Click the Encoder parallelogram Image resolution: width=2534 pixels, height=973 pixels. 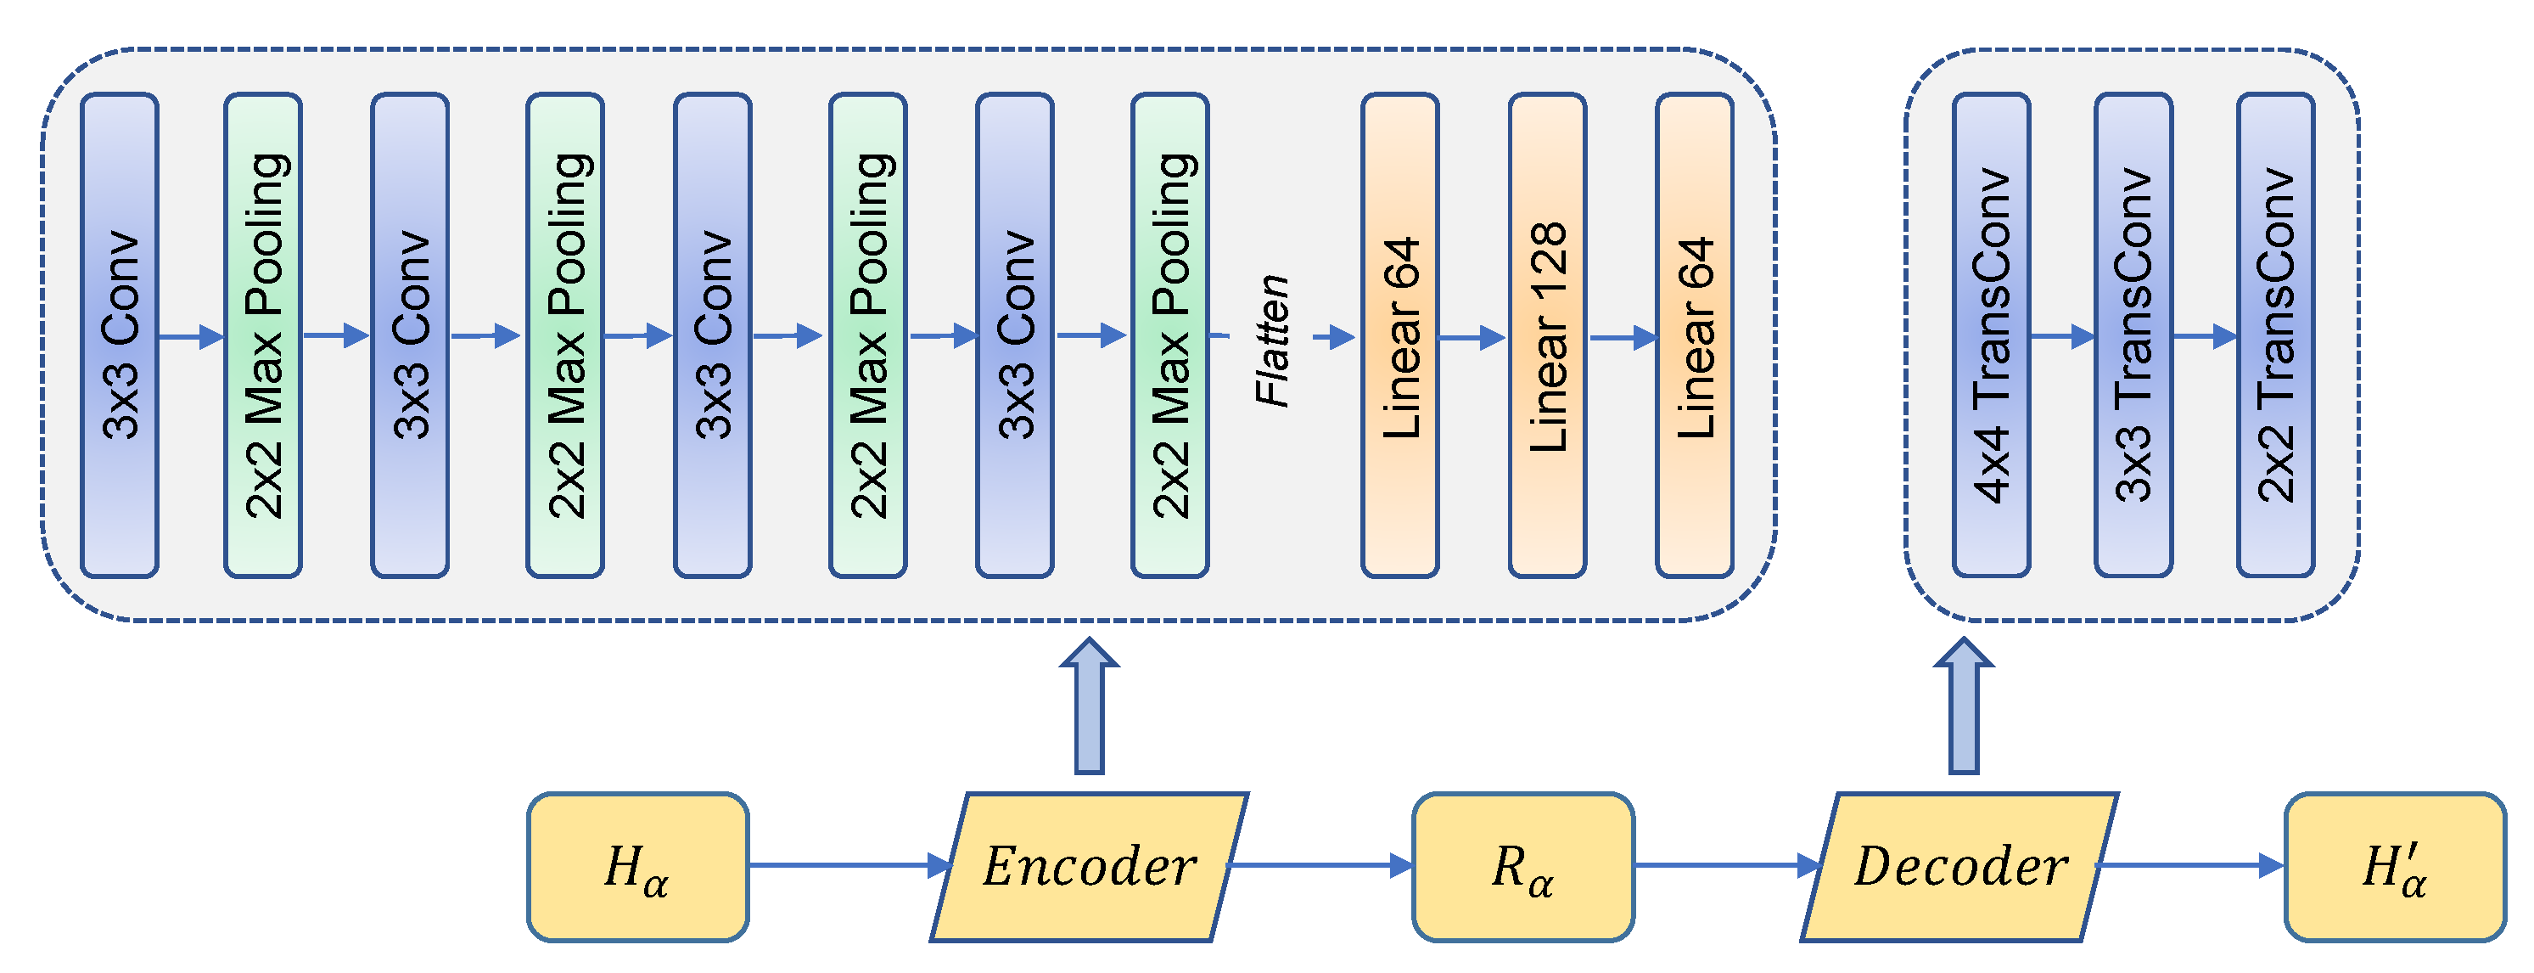pos(1089,867)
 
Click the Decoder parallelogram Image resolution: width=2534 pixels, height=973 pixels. pos(1959,867)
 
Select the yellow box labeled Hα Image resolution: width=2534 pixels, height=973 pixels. pos(637,867)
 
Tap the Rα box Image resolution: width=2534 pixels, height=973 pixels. pos(1522,867)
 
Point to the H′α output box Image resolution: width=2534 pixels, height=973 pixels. pos(2394,867)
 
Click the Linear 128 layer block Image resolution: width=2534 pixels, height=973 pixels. pos(1546,335)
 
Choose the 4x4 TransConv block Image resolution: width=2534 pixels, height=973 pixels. pos(1991,335)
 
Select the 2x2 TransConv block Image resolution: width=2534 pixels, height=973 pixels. pos(2275,335)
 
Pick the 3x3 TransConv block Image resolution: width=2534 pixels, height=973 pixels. pos(2133,335)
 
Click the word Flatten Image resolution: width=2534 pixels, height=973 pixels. pos(1273,340)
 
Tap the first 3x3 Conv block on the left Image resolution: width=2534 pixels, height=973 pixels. pos(120,335)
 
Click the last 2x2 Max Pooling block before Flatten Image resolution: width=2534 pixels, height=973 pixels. pos(1169,335)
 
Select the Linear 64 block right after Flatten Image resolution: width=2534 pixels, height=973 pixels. pos(1399,335)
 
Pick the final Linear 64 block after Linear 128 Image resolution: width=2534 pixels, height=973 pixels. pos(1694,335)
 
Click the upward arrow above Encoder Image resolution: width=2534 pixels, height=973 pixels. pos(1089,708)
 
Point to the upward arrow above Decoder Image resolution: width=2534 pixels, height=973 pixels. pos(1964,708)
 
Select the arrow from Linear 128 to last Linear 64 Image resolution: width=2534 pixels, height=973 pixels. pos(1623,337)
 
